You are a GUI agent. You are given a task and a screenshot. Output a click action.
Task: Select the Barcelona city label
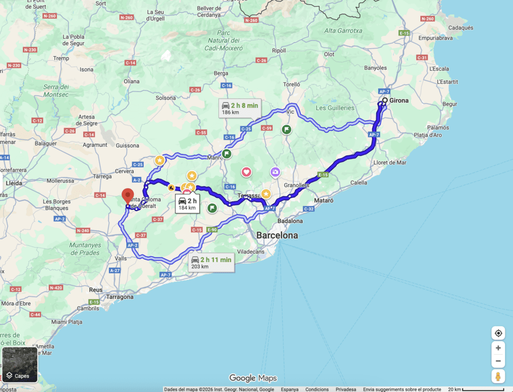point(277,235)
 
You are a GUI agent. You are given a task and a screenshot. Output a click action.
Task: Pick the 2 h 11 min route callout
point(211,262)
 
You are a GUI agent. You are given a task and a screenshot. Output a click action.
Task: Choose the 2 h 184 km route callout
point(187,204)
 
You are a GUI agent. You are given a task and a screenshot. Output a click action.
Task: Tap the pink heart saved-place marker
point(246,172)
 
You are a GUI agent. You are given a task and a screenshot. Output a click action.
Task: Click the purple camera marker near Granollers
point(275,172)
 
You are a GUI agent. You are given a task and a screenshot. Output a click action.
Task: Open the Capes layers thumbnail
point(20,364)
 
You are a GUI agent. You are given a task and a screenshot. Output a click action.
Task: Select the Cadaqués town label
point(460,28)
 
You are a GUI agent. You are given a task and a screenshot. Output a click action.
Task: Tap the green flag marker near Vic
point(287,129)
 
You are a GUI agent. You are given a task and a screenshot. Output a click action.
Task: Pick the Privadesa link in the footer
point(346,389)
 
